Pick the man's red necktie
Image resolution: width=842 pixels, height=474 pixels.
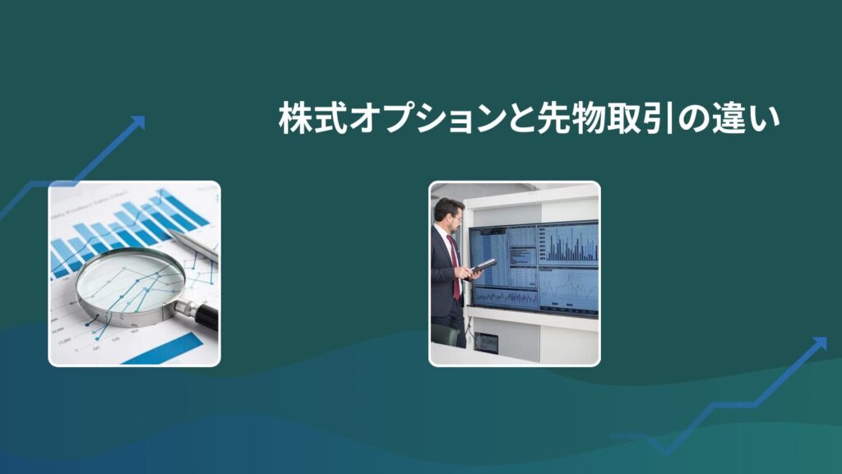(455, 267)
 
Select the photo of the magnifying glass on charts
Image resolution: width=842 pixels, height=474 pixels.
(134, 274)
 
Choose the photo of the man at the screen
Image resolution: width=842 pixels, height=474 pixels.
(515, 274)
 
